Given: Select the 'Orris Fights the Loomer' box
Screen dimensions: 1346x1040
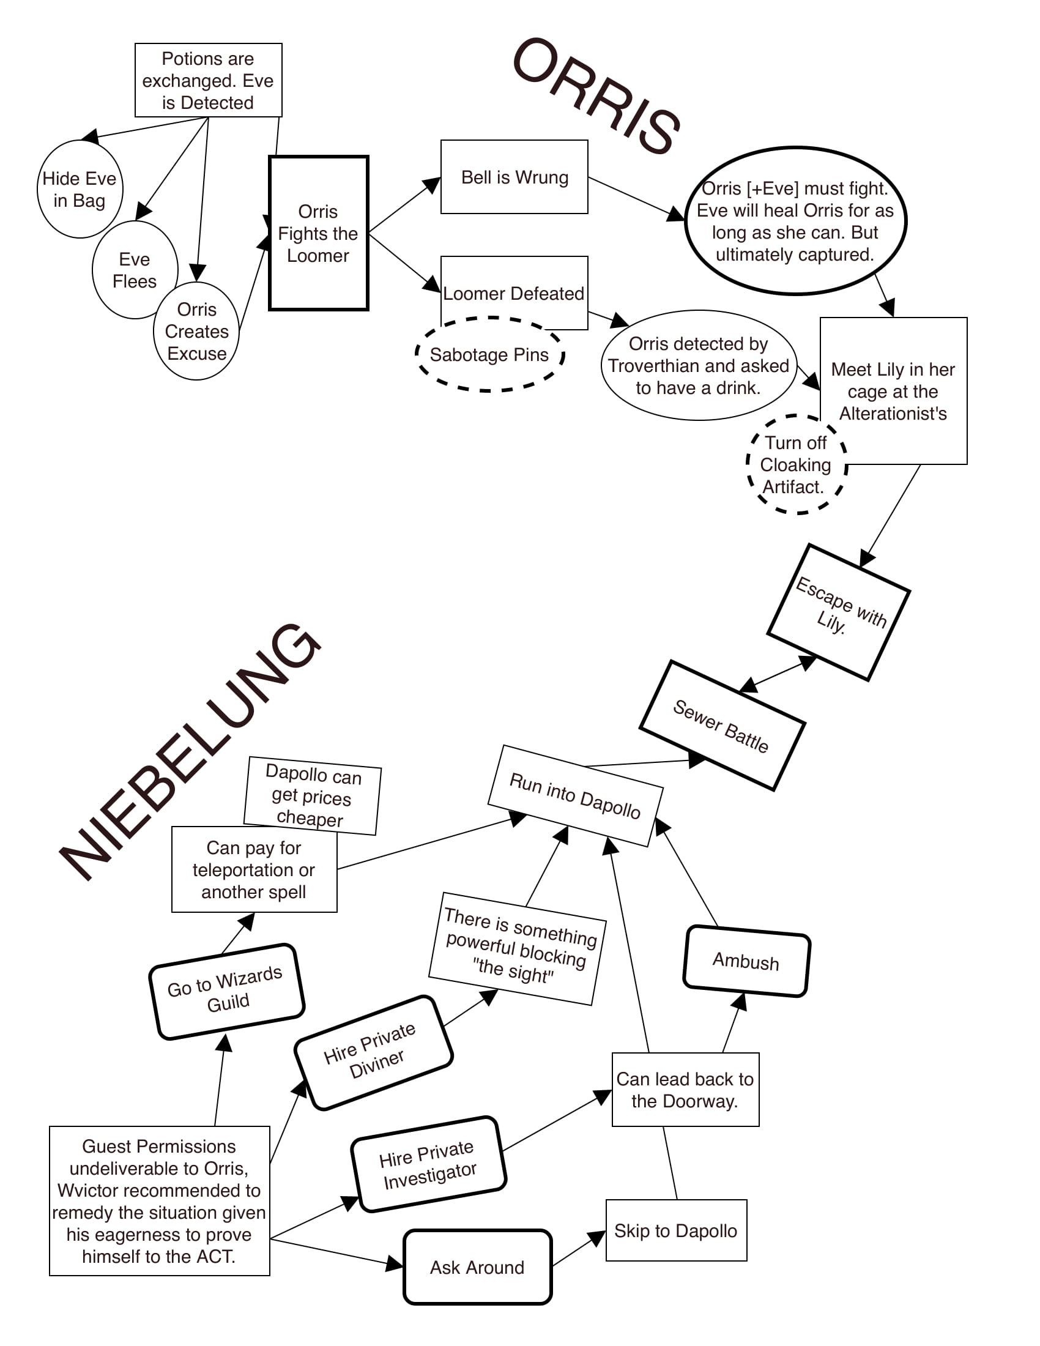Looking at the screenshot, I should point(319,233).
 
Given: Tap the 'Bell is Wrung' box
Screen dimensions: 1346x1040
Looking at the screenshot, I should point(514,177).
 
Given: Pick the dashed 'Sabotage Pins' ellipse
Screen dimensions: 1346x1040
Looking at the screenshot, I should point(490,355).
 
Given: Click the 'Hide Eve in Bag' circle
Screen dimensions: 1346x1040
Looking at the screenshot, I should point(80,189).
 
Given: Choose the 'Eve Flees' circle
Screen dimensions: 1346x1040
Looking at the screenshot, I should point(135,270).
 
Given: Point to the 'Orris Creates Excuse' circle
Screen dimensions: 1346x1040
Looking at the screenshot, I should point(196,331).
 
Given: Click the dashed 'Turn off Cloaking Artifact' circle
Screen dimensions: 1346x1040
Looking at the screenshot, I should point(795,466).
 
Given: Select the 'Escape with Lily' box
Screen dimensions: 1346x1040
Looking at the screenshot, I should point(839,612).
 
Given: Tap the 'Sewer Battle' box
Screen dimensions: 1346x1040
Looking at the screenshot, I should point(722,726).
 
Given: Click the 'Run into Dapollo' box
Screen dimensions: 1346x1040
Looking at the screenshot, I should point(575,795).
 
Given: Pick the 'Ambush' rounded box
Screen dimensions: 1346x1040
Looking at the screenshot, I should point(746,961).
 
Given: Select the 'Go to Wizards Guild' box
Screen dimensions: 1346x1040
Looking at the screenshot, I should point(226,991).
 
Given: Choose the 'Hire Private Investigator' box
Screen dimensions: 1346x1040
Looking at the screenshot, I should point(429,1164).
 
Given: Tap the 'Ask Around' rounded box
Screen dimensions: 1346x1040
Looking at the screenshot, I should point(478,1267).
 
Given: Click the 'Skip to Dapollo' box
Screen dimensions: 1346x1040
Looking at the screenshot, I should point(676,1231).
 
